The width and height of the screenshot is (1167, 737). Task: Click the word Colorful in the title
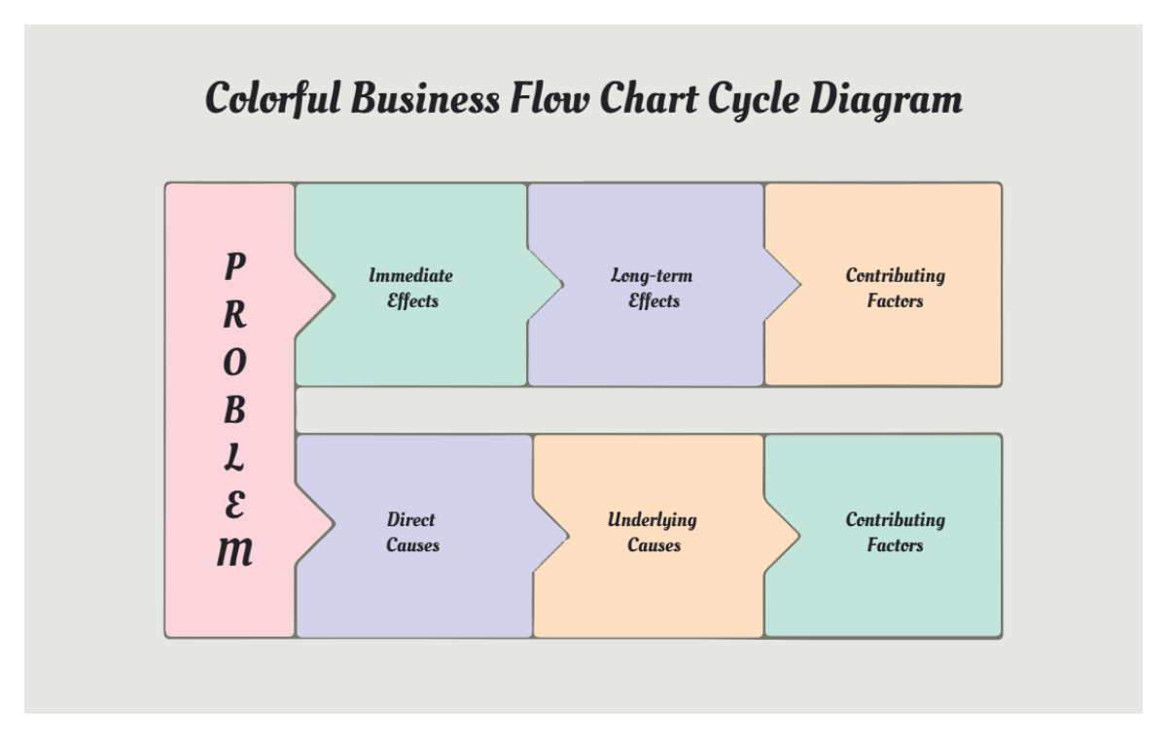(x=272, y=99)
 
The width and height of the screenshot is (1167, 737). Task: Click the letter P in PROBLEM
(x=234, y=264)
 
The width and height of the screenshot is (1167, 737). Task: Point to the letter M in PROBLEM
(x=234, y=553)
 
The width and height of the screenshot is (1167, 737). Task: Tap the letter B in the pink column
(x=234, y=410)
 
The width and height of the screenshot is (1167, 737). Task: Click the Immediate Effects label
(x=411, y=288)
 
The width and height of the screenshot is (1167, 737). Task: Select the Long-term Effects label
(x=653, y=288)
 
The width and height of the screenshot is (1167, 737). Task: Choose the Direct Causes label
(x=411, y=532)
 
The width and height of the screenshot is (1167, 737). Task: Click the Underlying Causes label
(x=653, y=532)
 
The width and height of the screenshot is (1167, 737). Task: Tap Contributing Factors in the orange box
(x=895, y=288)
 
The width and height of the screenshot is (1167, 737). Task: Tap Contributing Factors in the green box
(x=895, y=532)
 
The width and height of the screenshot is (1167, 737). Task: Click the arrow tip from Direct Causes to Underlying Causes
(x=564, y=533)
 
